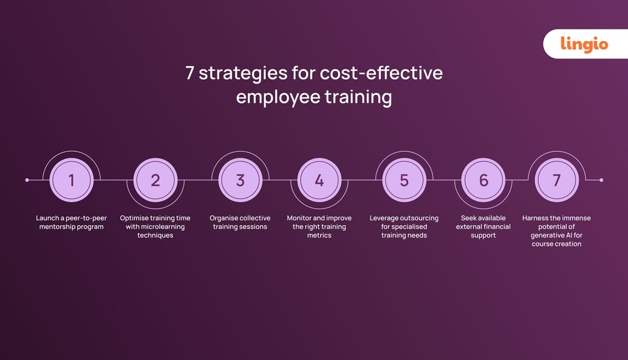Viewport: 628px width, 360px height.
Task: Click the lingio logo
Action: point(584,44)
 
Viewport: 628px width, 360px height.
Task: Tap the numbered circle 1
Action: point(71,180)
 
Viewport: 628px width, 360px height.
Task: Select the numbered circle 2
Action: point(155,180)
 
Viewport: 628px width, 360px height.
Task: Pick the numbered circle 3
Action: point(240,180)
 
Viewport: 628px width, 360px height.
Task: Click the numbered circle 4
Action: point(319,180)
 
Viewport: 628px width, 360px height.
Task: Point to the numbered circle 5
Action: point(404,180)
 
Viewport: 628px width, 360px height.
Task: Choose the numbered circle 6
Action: point(483,180)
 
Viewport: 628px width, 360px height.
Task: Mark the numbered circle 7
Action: point(557,180)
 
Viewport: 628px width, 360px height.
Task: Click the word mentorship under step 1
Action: point(59,227)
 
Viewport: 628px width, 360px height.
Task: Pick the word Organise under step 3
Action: point(225,218)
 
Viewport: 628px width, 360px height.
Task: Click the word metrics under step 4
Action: point(319,235)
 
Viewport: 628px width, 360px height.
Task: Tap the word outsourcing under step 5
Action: point(418,218)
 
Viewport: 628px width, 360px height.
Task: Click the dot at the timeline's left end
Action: point(27,180)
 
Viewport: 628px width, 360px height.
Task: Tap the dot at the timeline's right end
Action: point(601,180)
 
